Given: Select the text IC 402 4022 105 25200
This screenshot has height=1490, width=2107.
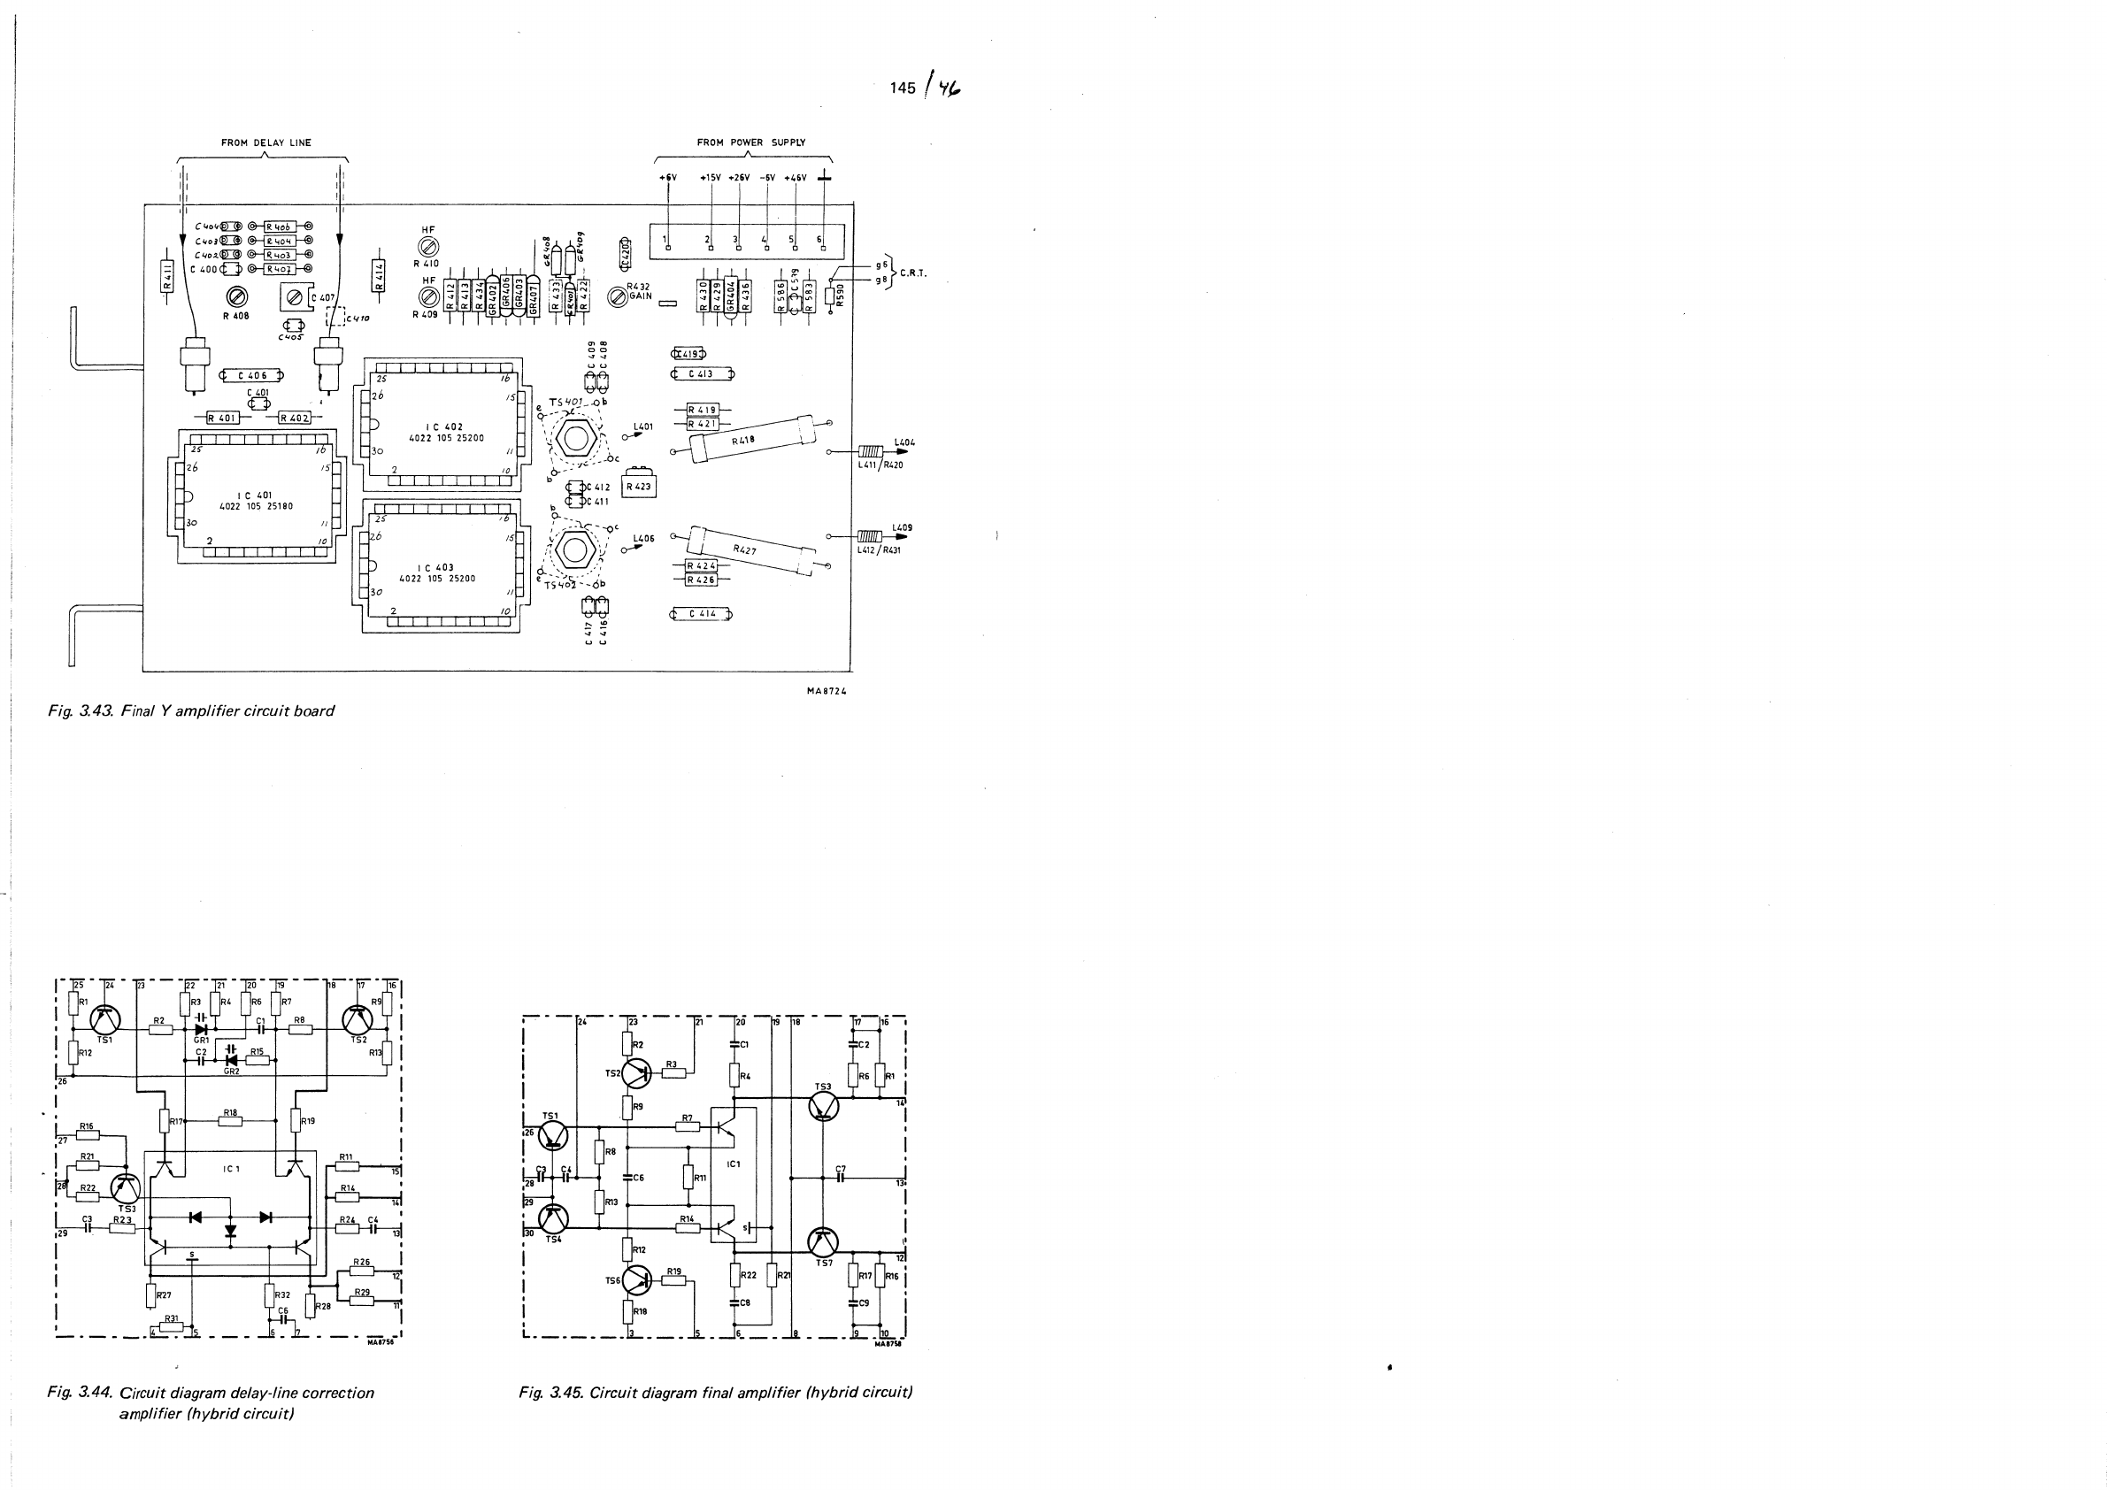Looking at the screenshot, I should coord(446,432).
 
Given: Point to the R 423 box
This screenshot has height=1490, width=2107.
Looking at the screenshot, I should coord(639,486).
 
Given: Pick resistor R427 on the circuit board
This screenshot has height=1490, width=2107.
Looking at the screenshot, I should coord(744,549).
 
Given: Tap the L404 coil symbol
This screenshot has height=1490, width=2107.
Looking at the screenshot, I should coord(870,451).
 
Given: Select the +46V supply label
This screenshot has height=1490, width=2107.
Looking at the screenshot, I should coord(795,178).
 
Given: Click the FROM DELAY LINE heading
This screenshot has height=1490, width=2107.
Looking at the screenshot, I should coord(266,143).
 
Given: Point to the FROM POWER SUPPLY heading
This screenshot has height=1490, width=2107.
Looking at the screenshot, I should coord(750,143).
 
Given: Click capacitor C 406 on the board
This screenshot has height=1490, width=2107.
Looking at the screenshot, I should coord(251,375).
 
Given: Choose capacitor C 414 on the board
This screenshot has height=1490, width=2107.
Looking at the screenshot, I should coord(702,614).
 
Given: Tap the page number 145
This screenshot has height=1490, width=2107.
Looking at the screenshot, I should coord(902,88).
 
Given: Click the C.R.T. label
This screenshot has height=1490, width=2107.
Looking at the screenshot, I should coord(913,273).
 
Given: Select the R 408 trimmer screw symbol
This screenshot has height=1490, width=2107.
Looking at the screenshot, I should coord(238,296).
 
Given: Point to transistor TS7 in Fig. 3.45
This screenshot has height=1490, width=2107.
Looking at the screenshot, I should coord(823,1243).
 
